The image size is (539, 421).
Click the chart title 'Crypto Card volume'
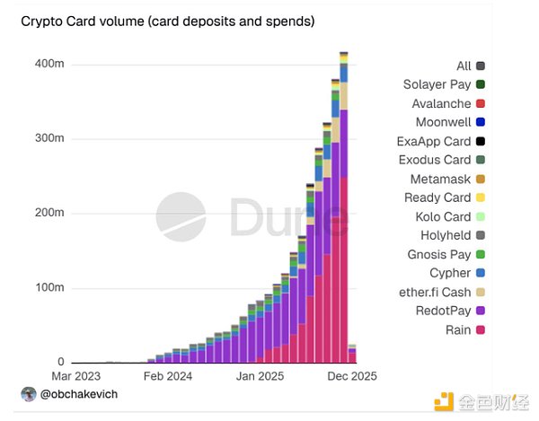(x=167, y=21)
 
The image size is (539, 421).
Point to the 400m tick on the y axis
(x=50, y=65)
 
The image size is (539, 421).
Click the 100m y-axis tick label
(x=50, y=287)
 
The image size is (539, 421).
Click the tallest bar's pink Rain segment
(x=343, y=269)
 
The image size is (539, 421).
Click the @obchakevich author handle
(x=80, y=394)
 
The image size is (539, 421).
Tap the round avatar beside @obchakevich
(x=29, y=394)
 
